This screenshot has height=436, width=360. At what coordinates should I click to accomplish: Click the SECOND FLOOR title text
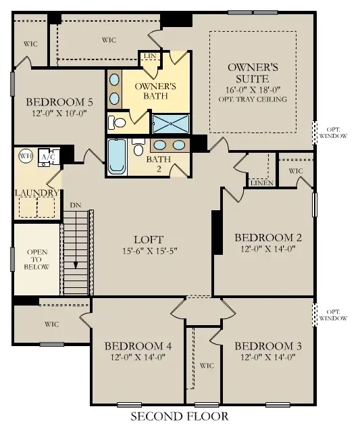click(179, 416)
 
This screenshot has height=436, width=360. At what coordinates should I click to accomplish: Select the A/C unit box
click(49, 157)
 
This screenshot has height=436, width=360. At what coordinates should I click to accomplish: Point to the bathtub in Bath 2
click(117, 157)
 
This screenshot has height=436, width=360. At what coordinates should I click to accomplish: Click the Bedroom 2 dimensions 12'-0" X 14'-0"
click(267, 249)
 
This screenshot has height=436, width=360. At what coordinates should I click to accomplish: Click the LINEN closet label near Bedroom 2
click(261, 183)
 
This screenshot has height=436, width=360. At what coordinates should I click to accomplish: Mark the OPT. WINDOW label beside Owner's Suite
click(336, 132)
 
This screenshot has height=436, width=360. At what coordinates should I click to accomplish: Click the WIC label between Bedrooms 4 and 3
click(207, 366)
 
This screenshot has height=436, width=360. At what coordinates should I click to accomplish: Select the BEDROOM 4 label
click(138, 345)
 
